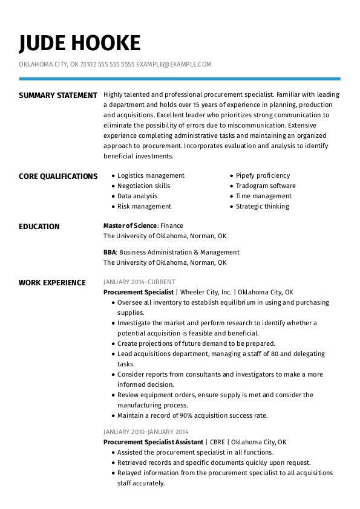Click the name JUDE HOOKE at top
tap(79, 43)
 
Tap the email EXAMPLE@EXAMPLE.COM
tap(174, 64)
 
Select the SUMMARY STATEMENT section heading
tap(58, 95)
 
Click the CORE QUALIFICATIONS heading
tap(58, 176)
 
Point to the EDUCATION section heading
tap(39, 227)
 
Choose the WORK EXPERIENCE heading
tap(52, 282)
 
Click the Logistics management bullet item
tap(151, 175)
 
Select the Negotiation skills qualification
tap(143, 186)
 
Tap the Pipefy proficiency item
tap(263, 175)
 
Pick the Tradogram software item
tap(266, 186)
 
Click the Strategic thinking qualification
tap(263, 206)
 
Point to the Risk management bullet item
tap(144, 206)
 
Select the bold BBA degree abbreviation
tap(110, 252)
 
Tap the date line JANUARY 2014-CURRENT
tap(139, 282)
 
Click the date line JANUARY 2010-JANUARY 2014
tap(146, 432)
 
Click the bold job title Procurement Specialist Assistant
tap(153, 442)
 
